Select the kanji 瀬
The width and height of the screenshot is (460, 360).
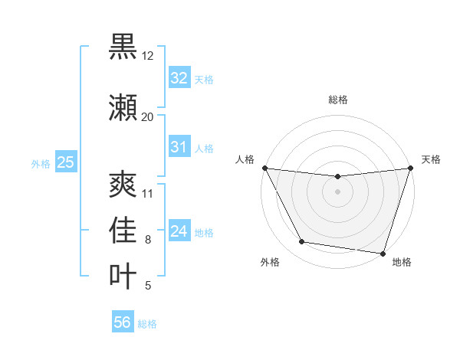[x=123, y=108]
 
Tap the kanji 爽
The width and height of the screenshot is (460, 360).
[x=123, y=185]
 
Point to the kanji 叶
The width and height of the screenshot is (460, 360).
[x=123, y=277]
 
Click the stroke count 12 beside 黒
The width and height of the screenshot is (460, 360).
[x=148, y=56]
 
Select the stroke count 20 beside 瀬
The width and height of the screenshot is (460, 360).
[x=148, y=116]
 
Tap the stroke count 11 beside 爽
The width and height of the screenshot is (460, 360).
[x=148, y=193]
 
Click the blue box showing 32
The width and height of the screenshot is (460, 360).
[x=179, y=78]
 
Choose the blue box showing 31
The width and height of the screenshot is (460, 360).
[x=179, y=147]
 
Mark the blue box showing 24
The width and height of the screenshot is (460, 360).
[x=179, y=231]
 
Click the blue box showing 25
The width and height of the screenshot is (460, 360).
[x=65, y=162]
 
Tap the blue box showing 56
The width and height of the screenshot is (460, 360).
[x=122, y=322]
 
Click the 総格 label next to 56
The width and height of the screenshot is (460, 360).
[x=147, y=324]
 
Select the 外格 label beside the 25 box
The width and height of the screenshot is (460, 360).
[x=41, y=163]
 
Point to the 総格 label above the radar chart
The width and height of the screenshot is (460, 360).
[x=337, y=100]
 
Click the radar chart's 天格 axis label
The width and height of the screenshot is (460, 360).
[x=431, y=159]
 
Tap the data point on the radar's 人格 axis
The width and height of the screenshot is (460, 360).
[x=264, y=168]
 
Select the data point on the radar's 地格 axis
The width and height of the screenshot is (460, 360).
[x=383, y=253]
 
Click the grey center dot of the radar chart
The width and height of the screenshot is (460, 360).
[x=337, y=191]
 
